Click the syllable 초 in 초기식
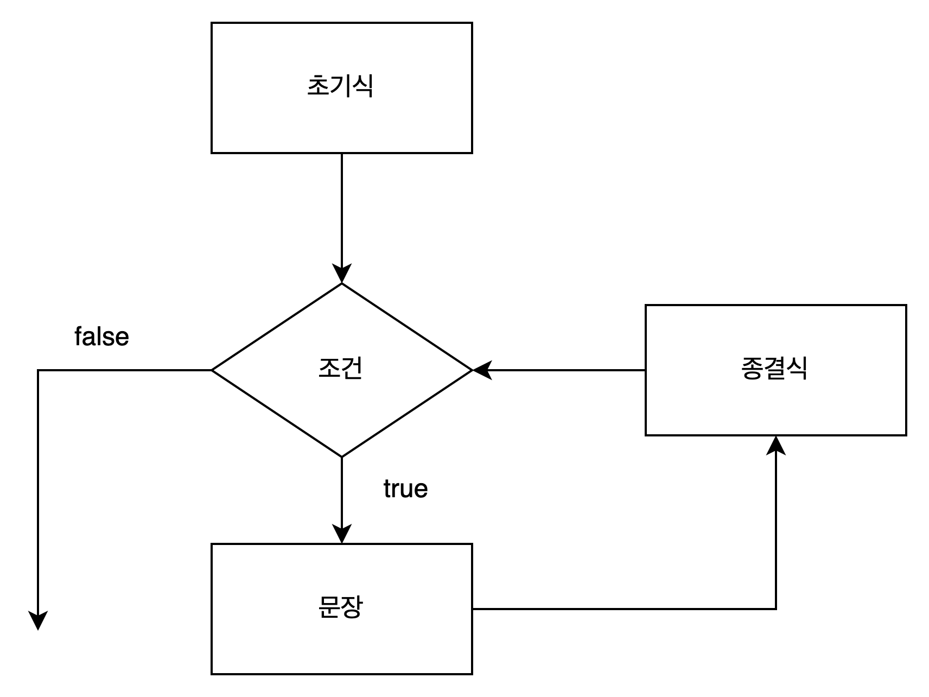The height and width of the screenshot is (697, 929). [318, 85]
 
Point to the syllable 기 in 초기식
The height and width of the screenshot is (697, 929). [340, 85]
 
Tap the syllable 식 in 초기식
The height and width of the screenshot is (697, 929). [362, 85]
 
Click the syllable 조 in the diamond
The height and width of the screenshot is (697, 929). [329, 368]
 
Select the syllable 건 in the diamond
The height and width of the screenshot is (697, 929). [352, 368]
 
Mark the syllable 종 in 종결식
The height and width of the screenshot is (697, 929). [752, 368]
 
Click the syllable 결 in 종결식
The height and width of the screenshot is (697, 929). [774, 368]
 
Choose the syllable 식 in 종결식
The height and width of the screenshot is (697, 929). [797, 368]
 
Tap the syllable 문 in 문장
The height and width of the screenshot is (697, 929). [329, 607]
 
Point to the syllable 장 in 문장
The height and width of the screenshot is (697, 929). [352, 607]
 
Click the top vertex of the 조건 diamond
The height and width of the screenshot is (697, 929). [342, 287]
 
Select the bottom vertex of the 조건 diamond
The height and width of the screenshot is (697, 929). [342, 454]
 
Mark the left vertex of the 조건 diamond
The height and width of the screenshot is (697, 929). [216, 370]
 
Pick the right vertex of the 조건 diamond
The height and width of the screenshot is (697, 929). [468, 370]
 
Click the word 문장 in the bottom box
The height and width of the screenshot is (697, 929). [340, 607]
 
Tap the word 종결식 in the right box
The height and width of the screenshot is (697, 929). [774, 368]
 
